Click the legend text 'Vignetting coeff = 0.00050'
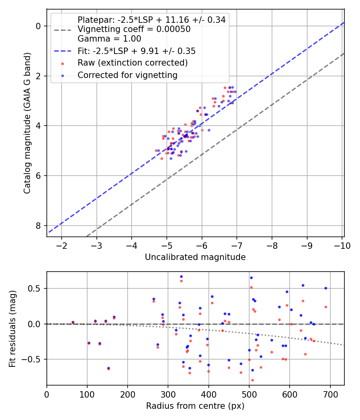click(x=134, y=29)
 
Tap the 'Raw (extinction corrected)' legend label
click(x=132, y=63)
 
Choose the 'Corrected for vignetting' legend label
click(x=128, y=75)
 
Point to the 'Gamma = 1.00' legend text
click(x=109, y=39)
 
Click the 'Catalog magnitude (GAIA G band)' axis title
click(x=27, y=123)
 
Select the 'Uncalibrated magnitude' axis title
click(x=195, y=257)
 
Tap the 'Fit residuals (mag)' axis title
click(x=12, y=329)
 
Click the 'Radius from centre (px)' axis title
click(x=195, y=406)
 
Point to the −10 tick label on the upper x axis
click(x=342, y=246)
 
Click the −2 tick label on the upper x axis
click(x=62, y=246)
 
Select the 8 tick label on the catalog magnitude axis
click(x=38, y=226)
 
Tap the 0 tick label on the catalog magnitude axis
click(x=38, y=26)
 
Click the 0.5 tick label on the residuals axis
click(x=34, y=288)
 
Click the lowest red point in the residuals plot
click(x=252, y=380)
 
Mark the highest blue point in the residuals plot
click(x=181, y=277)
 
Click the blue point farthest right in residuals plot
click(x=326, y=288)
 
